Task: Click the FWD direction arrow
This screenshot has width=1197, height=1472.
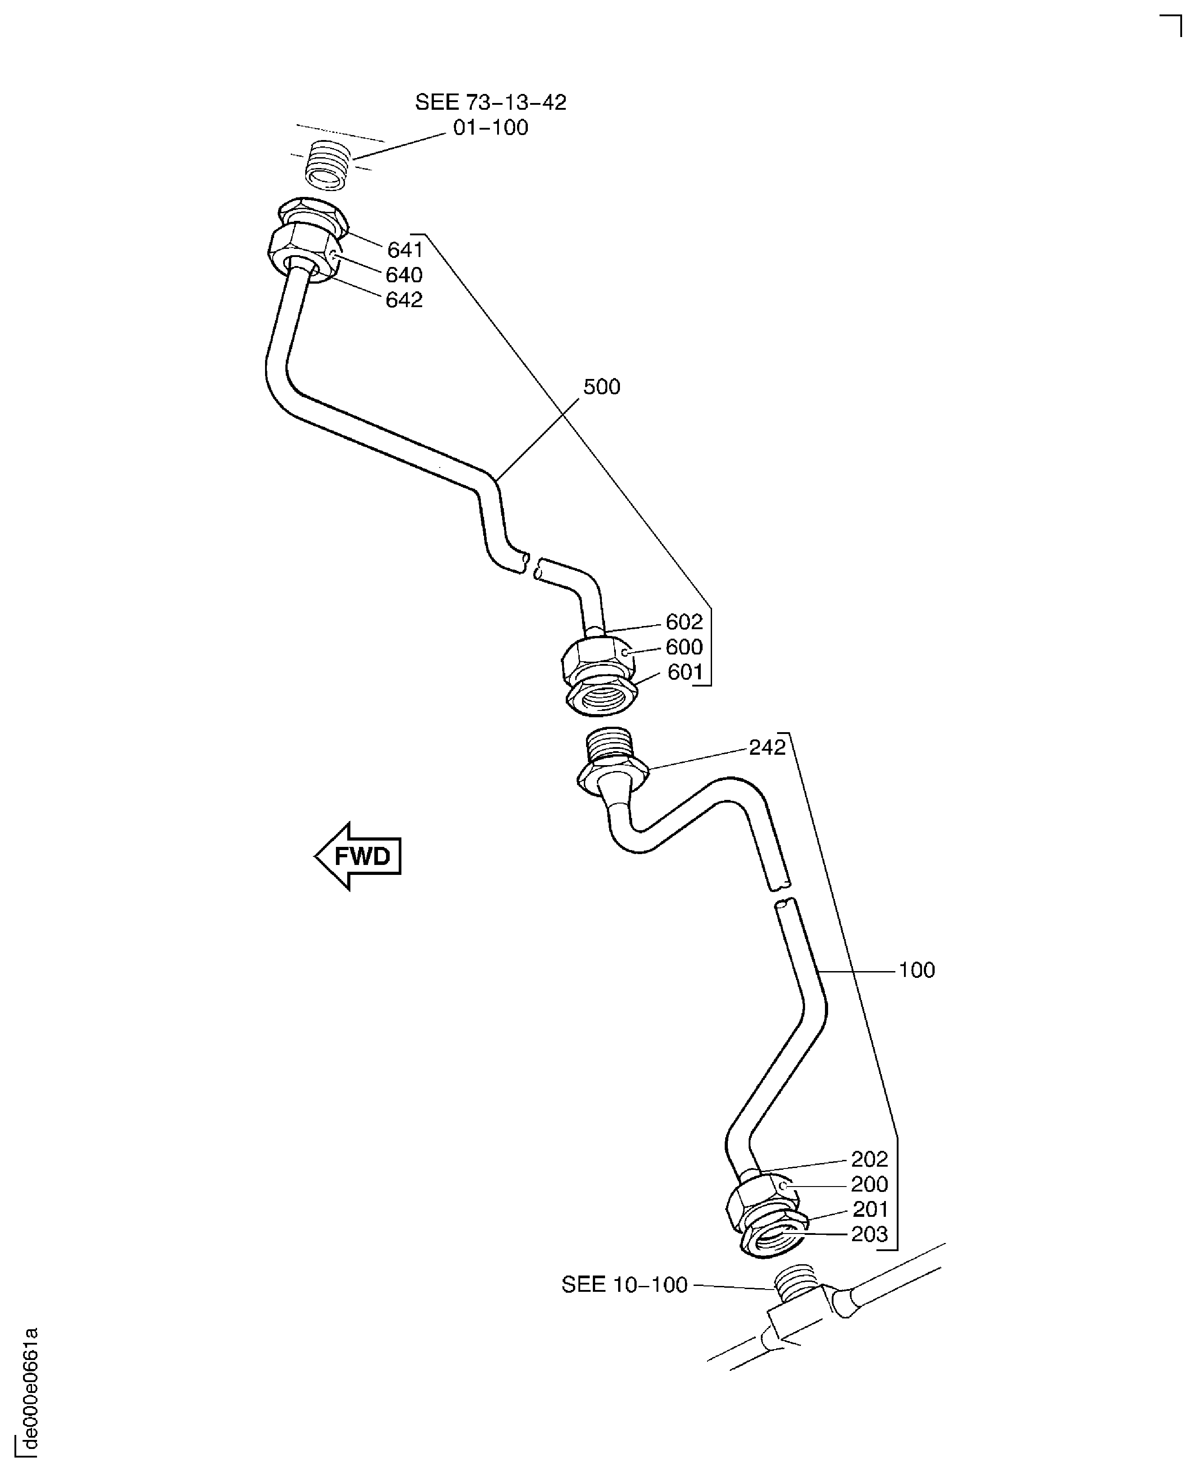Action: [359, 856]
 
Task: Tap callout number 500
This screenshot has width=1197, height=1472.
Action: [601, 387]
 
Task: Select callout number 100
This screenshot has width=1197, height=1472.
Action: [916, 970]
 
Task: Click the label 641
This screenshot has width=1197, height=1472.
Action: [405, 250]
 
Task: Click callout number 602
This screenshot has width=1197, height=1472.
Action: [683, 622]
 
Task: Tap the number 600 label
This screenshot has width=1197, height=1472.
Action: [683, 647]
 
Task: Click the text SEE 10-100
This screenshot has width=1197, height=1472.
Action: [624, 1285]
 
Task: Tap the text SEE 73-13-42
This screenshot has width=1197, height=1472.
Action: [490, 102]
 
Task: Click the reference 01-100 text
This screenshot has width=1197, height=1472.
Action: [490, 128]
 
